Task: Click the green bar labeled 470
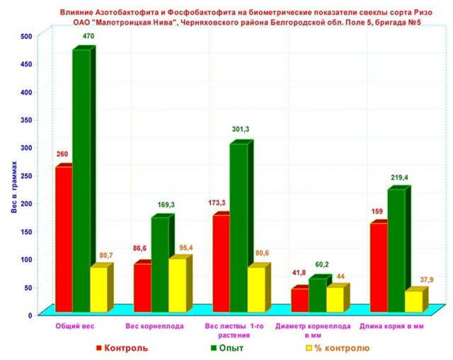click(x=81, y=180)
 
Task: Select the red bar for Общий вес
click(x=63, y=239)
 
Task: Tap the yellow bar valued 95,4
click(x=176, y=284)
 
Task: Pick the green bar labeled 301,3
click(x=238, y=227)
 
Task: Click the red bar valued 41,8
click(x=299, y=300)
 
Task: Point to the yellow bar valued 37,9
click(x=412, y=301)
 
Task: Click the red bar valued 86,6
click(x=142, y=287)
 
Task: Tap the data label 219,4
click(x=398, y=178)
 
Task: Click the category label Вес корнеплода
click(x=155, y=326)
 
